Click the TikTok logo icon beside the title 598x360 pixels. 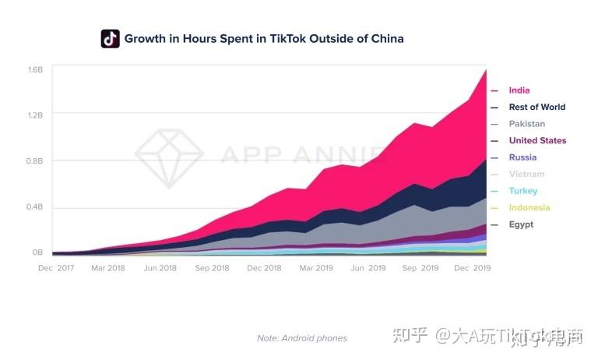110,38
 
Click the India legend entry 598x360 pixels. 519,90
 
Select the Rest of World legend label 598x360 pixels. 536,108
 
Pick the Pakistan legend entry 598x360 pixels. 526,124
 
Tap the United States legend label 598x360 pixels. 537,141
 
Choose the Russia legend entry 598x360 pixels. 522,157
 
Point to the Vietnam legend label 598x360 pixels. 526,175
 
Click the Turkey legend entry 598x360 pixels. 523,191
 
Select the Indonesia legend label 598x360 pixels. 529,208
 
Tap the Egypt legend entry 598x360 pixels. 521,225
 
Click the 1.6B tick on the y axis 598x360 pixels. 35,69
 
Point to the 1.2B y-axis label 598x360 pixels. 35,115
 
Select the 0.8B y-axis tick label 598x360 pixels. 35,161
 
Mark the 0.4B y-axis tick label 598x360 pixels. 35,207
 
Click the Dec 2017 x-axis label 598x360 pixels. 55,268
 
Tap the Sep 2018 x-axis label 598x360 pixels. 213,268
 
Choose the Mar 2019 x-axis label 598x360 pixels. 316,268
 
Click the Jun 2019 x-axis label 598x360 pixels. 368,268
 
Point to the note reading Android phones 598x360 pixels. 302,338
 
